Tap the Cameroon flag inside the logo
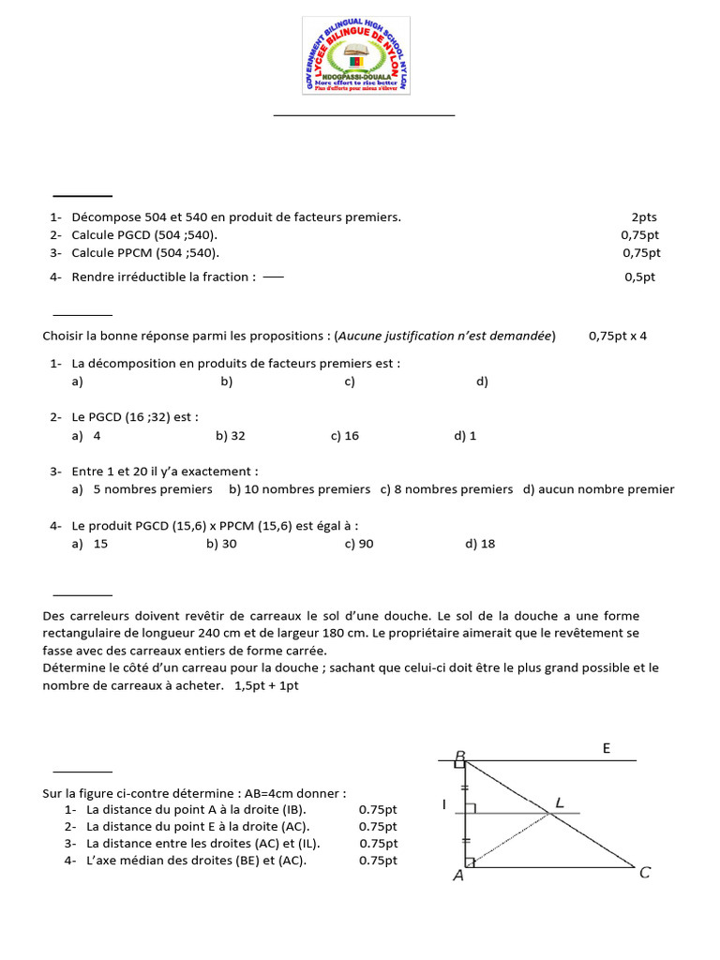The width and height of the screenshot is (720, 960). [x=356, y=61]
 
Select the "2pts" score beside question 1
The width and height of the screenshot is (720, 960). [x=644, y=217]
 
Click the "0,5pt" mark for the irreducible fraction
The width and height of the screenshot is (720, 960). [x=640, y=277]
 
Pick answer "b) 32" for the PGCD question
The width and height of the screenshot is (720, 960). [x=231, y=436]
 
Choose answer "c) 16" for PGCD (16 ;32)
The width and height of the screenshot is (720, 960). [x=345, y=436]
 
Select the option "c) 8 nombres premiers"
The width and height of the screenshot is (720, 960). [x=446, y=489]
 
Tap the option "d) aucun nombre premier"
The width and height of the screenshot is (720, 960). [x=599, y=489]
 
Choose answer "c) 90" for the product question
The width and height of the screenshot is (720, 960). [x=359, y=544]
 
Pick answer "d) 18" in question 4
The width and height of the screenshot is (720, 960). [x=480, y=544]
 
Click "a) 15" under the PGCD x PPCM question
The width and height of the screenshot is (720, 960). [x=90, y=544]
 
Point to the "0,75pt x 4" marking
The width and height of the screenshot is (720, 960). [x=618, y=336]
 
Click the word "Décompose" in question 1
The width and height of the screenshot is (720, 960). [x=100, y=217]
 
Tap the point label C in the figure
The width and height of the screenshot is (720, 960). [x=645, y=873]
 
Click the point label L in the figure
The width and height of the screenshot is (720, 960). [x=560, y=802]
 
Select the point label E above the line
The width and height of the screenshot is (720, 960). [x=606, y=748]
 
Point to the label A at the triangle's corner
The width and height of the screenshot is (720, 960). [x=458, y=876]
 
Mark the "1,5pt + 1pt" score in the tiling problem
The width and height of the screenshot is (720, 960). [x=266, y=685]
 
